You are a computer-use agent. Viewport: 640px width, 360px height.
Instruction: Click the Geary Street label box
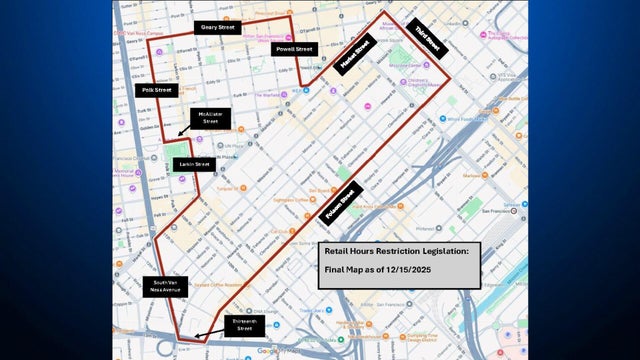[x=218, y=27]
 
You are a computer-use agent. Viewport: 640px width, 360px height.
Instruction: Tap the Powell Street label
[x=294, y=49]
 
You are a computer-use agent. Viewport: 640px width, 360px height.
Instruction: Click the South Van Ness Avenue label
[x=165, y=287]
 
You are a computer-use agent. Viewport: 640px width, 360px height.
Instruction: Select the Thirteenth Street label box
[x=239, y=326]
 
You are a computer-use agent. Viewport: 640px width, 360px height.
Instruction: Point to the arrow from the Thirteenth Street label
[x=205, y=335]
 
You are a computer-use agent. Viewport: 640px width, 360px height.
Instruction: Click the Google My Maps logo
[x=279, y=351]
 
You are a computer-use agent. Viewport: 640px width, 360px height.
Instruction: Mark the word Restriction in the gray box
[x=394, y=253]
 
